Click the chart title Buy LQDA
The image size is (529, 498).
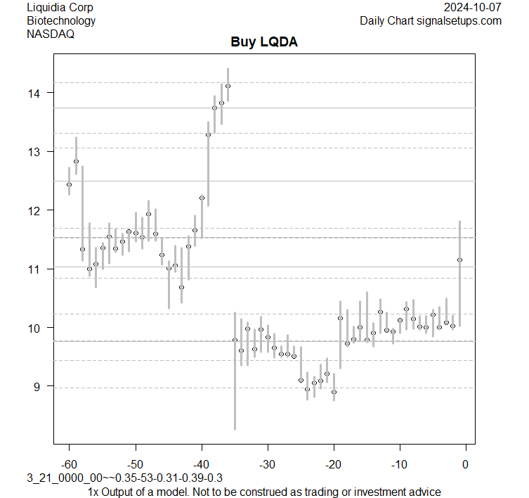coord(264,42)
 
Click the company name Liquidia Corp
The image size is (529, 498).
coord(60,8)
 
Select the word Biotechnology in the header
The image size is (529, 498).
coord(61,20)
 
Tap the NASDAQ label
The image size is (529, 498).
coord(51,33)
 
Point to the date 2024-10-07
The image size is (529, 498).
coord(473,8)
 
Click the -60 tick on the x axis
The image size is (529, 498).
coord(69,464)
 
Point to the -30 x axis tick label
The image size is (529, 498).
coord(267,464)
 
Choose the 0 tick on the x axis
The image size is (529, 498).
coord(465,464)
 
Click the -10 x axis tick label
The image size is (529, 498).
coord(399,464)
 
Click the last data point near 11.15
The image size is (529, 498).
coord(459,260)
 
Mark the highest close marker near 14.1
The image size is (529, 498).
coord(228,86)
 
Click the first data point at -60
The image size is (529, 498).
coord(69,184)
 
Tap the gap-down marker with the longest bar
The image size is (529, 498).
coord(235,340)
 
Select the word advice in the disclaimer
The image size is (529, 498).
coord(424,492)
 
